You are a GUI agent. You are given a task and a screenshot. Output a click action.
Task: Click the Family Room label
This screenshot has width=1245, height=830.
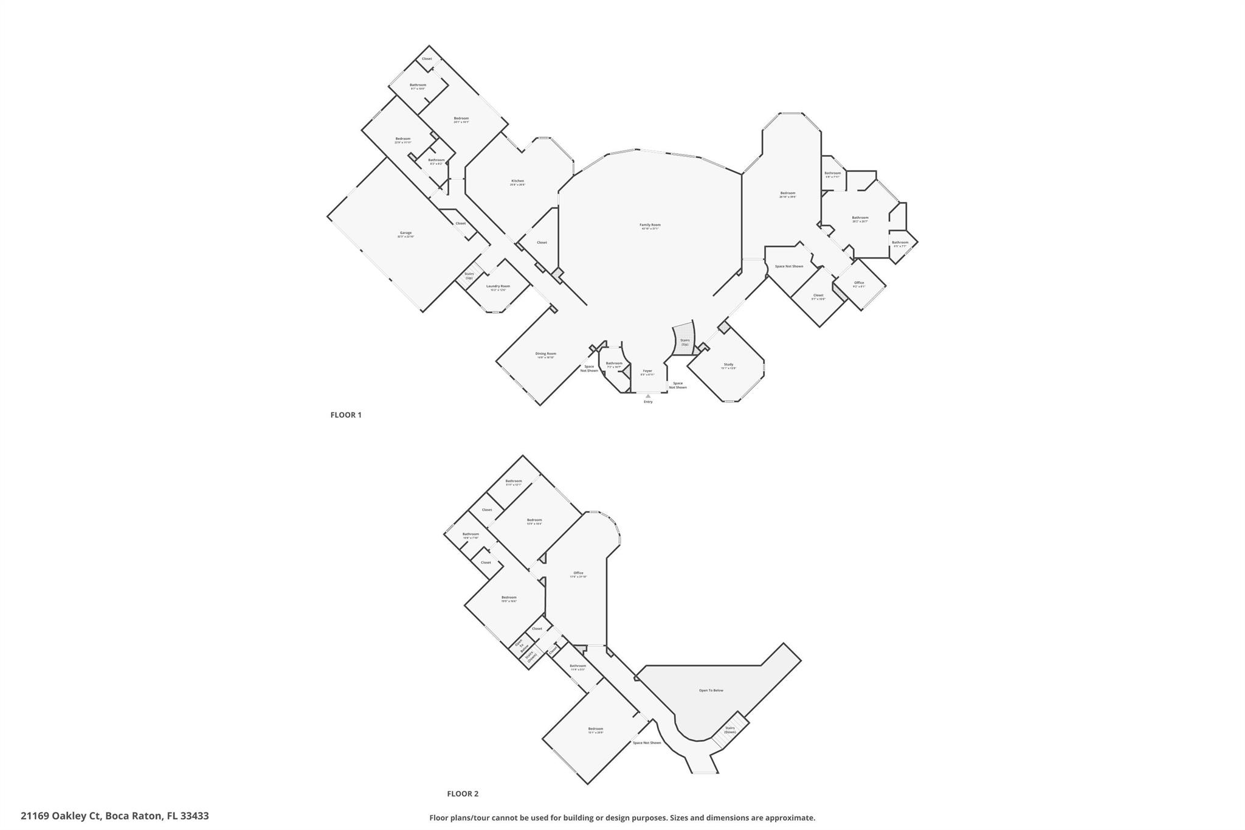[x=650, y=225]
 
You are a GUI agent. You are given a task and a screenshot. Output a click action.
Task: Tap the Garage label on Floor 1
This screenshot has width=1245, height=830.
[x=405, y=233]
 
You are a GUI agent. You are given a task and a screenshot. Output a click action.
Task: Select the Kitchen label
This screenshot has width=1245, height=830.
[x=517, y=181]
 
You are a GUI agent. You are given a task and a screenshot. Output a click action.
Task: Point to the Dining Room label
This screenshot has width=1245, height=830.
[x=545, y=354]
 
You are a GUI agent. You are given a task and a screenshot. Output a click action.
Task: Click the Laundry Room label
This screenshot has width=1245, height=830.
[x=498, y=286]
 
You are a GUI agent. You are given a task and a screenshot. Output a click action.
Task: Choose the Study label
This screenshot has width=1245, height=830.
[x=728, y=365]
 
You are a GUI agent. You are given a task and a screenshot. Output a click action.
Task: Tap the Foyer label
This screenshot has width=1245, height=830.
[x=647, y=371]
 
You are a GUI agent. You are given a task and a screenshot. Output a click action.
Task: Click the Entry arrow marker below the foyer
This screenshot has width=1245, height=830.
[x=648, y=396]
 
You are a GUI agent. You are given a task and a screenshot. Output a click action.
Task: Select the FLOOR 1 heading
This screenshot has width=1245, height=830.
[x=346, y=415]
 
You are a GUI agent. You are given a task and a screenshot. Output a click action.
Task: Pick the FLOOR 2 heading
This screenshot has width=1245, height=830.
[x=463, y=794]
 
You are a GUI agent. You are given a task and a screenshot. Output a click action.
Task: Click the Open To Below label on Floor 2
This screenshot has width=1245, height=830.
[x=711, y=691]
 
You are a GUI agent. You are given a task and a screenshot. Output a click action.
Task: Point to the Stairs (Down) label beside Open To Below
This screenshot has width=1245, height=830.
[x=730, y=730]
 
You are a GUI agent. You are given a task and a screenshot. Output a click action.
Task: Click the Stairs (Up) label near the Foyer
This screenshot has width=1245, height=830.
[x=685, y=342]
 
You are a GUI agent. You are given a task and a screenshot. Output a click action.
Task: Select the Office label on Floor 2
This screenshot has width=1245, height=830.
[x=578, y=573]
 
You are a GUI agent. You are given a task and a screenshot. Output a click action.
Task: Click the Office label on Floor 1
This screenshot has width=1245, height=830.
[x=859, y=283]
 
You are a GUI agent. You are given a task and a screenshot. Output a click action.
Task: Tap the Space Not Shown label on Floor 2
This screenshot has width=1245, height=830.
[x=647, y=743]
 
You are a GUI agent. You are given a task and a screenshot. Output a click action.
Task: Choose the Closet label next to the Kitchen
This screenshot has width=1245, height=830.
[x=542, y=243]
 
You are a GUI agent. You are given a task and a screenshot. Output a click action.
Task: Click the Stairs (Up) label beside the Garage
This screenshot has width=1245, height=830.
[x=469, y=275]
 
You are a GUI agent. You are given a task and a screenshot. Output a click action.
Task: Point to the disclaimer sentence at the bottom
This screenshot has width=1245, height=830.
[x=622, y=818]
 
